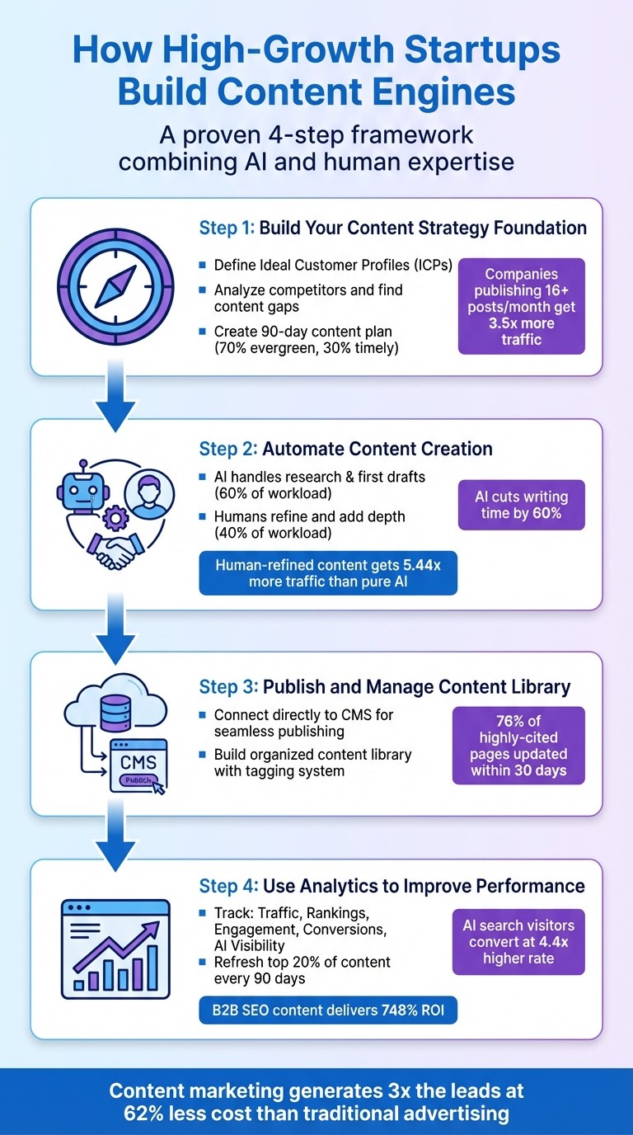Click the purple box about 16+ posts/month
click(x=521, y=306)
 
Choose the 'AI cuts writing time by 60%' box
click(x=521, y=506)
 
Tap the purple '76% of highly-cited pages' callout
click(x=518, y=745)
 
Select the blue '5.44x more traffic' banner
click(x=328, y=573)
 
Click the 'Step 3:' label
click(x=228, y=686)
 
